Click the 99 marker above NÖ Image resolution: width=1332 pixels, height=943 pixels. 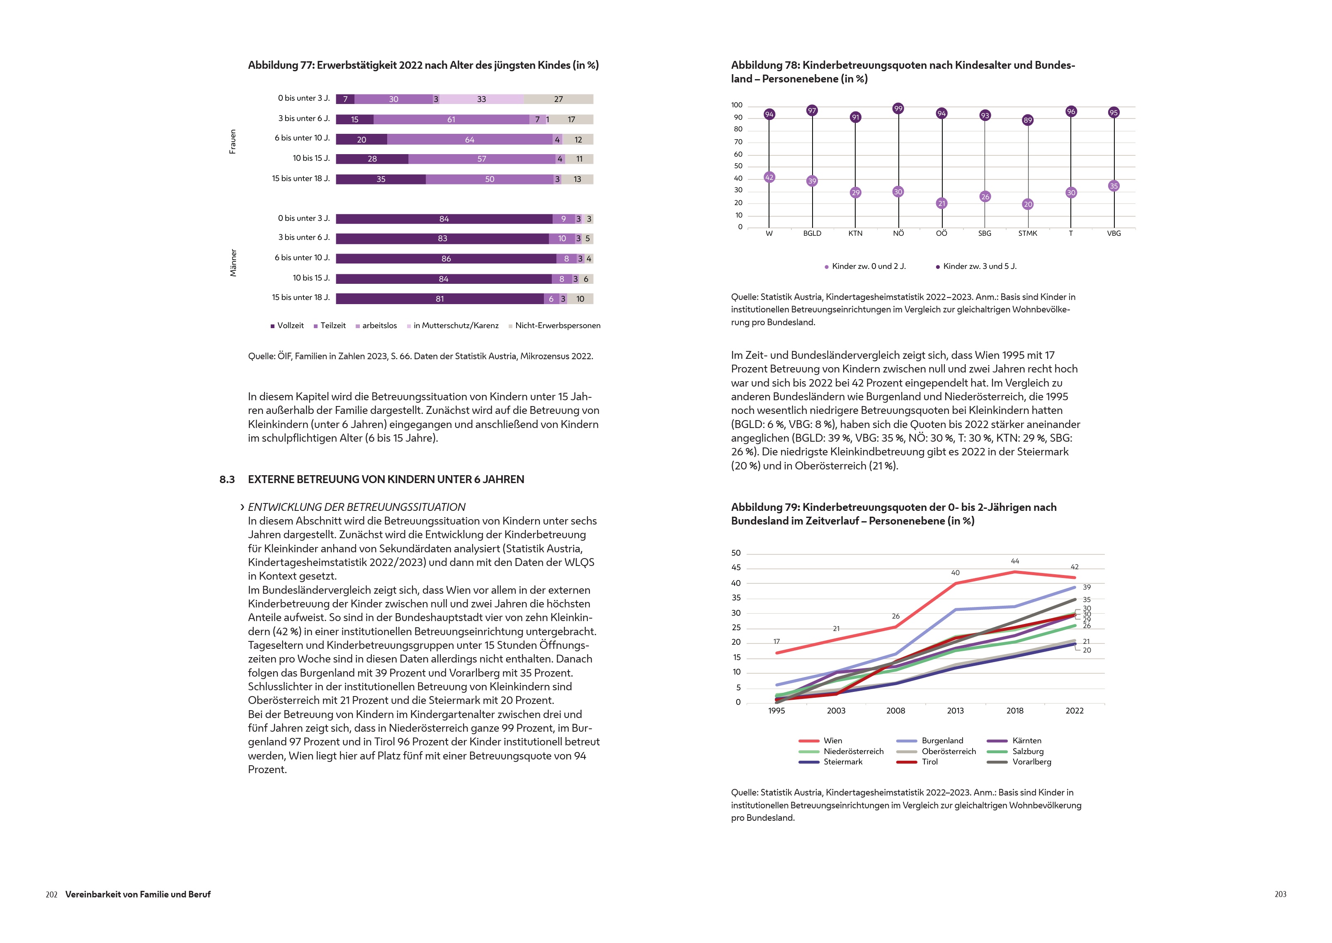click(898, 109)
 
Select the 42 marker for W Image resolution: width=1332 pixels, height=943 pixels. click(769, 177)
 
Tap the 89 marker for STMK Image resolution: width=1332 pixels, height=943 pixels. click(1028, 120)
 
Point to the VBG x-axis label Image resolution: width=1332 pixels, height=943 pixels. click(1114, 233)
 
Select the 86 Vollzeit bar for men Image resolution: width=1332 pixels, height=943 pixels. click(446, 259)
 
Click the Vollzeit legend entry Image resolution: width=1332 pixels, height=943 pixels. click(288, 326)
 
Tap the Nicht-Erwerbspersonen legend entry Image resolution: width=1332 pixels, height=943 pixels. click(555, 326)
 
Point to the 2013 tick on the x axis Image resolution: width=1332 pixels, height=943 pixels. click(955, 711)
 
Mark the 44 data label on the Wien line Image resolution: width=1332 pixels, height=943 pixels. click(1015, 561)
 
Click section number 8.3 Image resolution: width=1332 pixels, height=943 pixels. click(227, 480)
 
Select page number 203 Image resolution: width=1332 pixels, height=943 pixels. click(1280, 894)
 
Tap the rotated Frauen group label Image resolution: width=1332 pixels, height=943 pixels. click(233, 142)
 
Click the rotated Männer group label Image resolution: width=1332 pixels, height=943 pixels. click(233, 263)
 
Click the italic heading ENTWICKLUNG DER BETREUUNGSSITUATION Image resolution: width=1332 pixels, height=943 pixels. click(356, 507)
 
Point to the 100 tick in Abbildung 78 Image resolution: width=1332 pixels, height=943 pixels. click(737, 105)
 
